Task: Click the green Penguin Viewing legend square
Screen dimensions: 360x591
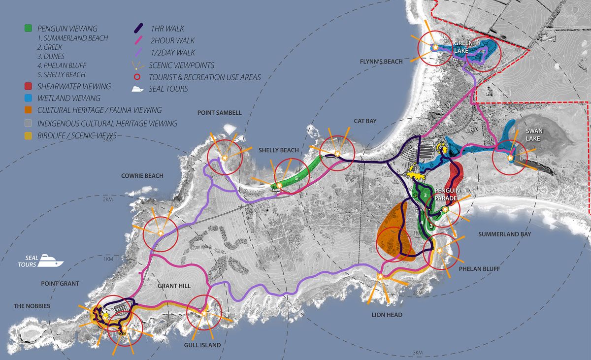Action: point(28,29)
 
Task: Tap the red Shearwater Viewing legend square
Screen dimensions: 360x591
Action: point(28,87)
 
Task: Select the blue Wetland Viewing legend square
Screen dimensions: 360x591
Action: point(28,98)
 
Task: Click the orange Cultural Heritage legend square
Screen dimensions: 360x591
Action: point(28,110)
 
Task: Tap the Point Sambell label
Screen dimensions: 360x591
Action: point(220,113)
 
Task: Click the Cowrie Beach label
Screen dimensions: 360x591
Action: point(142,176)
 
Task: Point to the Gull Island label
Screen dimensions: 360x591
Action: point(203,345)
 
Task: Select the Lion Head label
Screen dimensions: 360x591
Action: point(388,315)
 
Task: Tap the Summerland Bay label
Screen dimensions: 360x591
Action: point(504,234)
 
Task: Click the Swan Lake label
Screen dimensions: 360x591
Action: point(532,135)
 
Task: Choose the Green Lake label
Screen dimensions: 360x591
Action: point(463,46)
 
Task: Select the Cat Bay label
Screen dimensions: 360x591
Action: point(365,121)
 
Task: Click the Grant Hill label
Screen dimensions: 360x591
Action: point(174,286)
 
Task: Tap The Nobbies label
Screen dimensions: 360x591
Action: point(32,306)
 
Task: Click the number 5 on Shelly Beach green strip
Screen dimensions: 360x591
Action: point(296,179)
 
